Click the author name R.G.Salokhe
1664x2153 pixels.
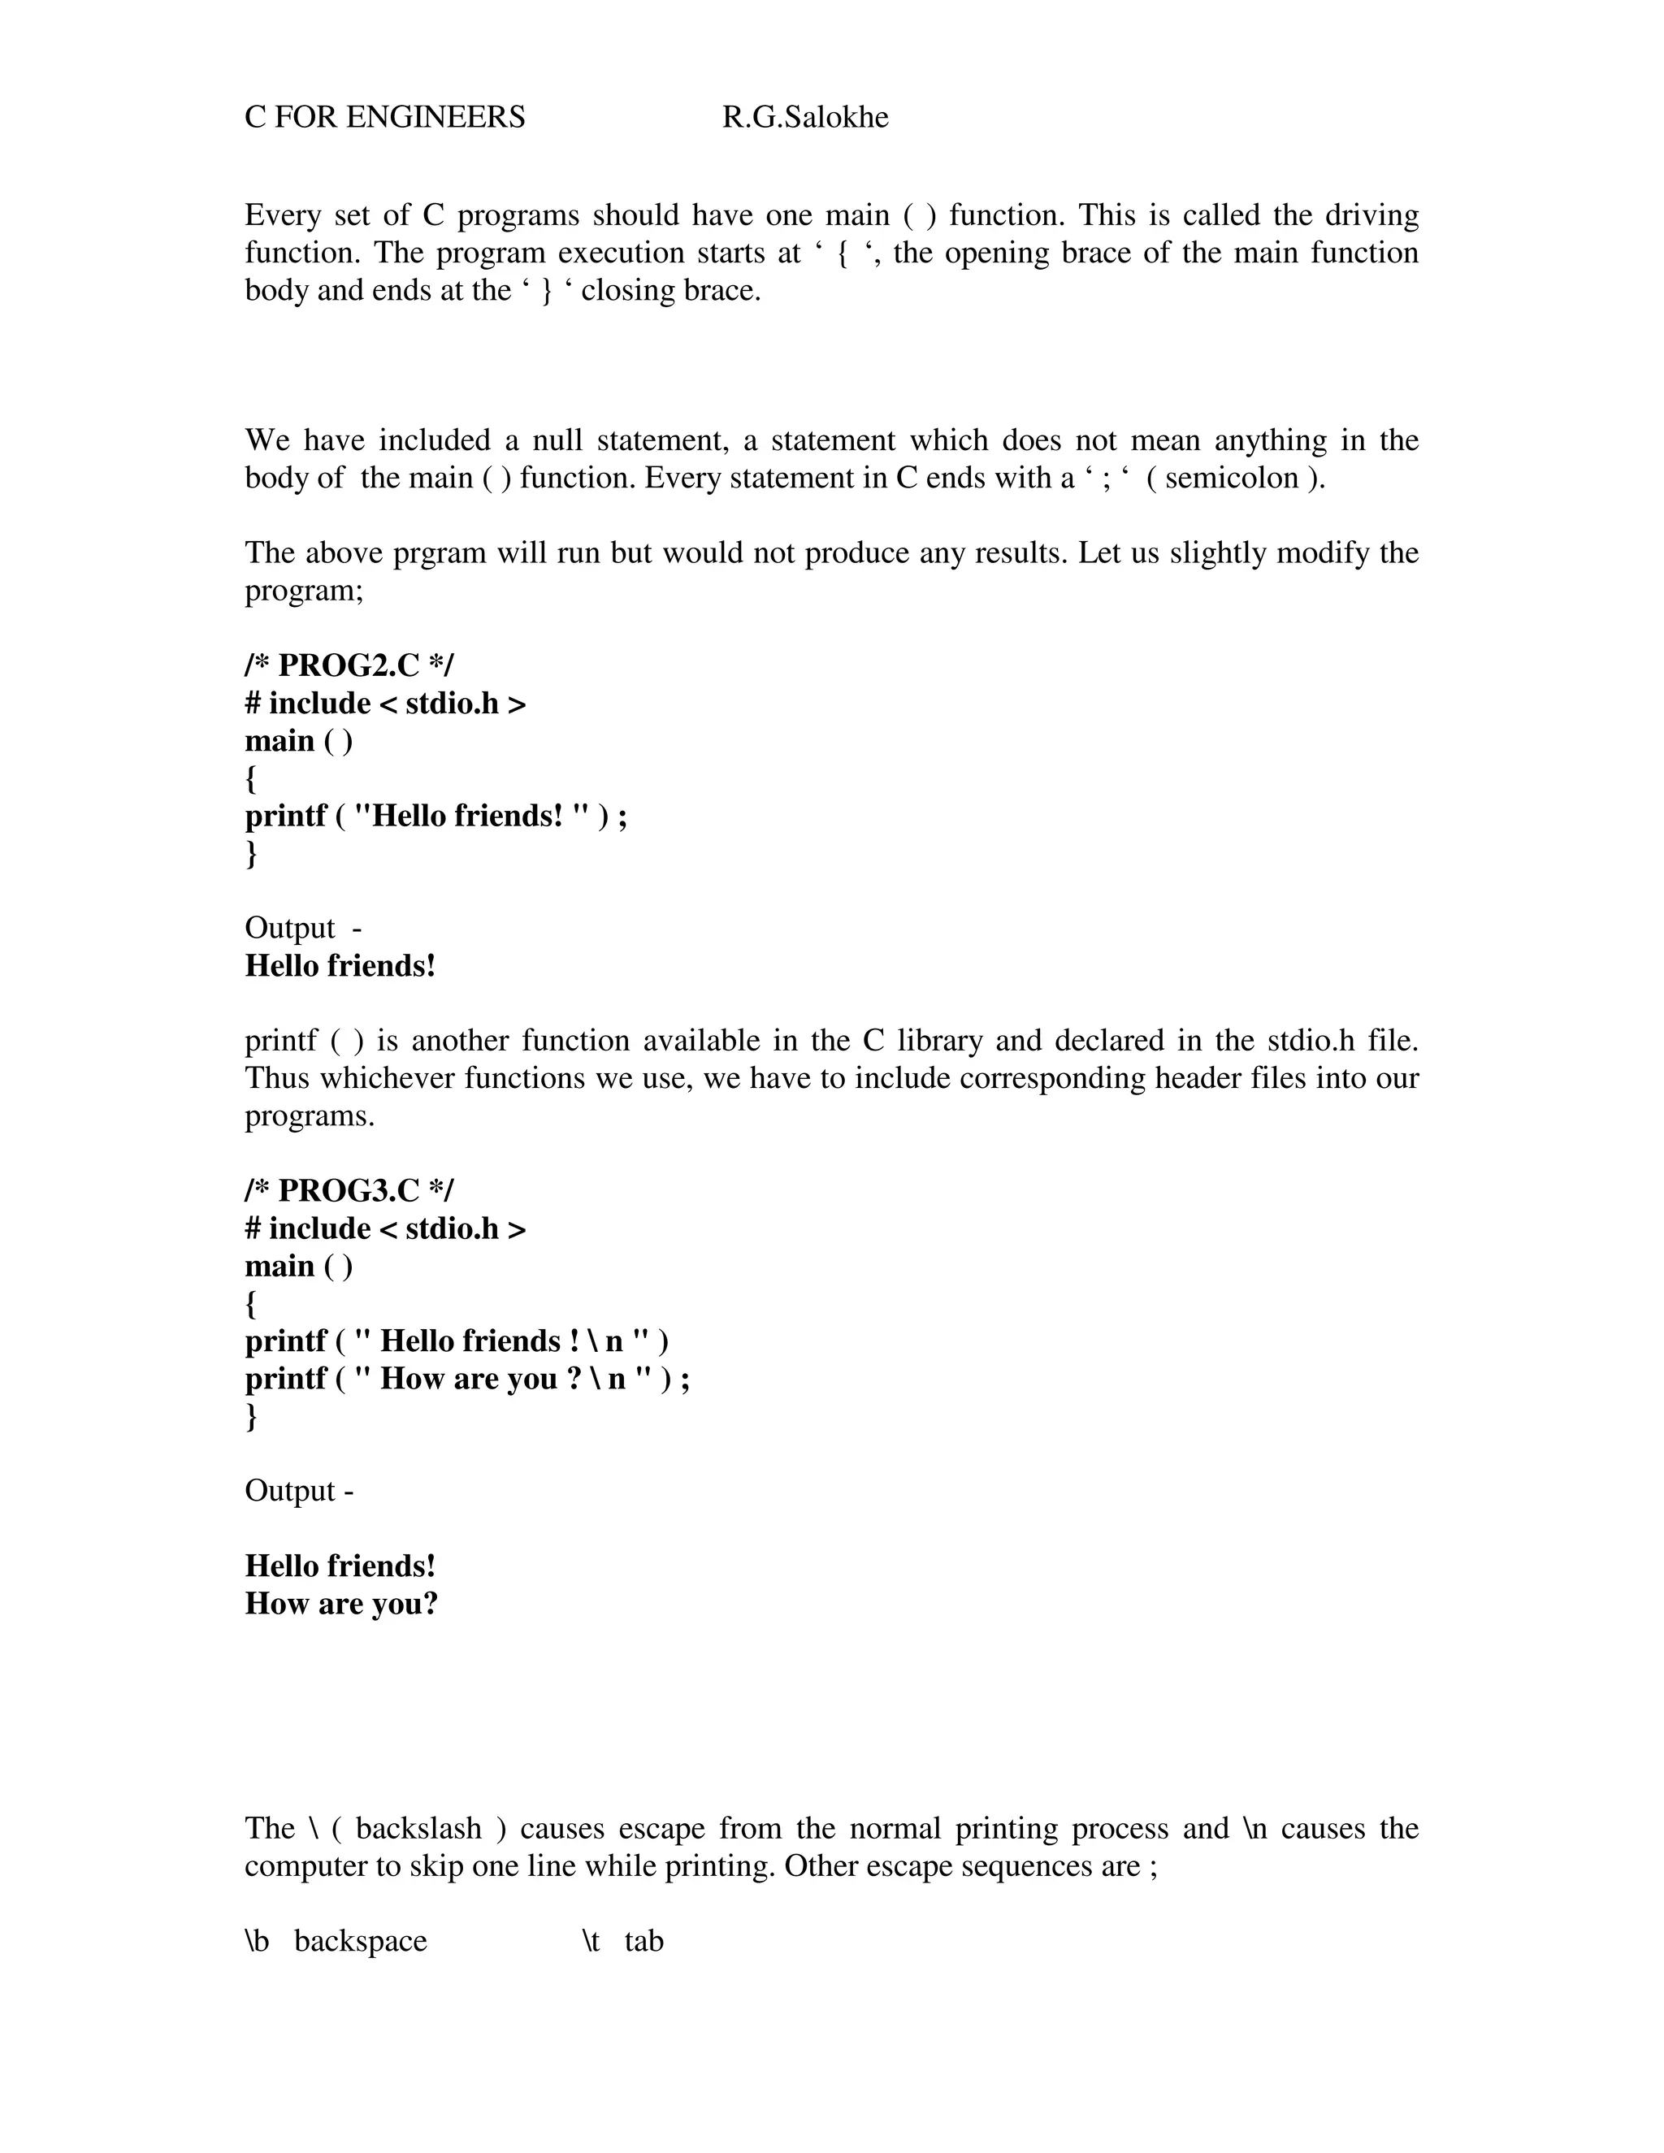click(804, 117)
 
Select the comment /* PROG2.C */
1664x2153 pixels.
click(349, 665)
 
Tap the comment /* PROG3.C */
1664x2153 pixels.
click(349, 1191)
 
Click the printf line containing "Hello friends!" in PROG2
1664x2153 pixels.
click(435, 817)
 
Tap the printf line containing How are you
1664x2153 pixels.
click(467, 1378)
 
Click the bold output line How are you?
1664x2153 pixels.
click(341, 1604)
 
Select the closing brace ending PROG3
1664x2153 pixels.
click(251, 1417)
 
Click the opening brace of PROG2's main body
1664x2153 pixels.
click(251, 779)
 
